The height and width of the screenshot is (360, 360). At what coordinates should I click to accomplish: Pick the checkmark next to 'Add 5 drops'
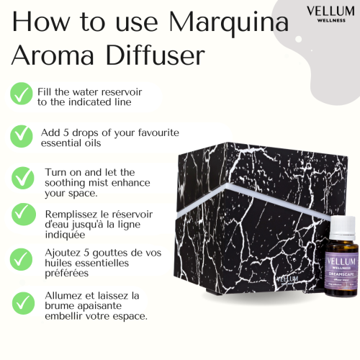(22, 135)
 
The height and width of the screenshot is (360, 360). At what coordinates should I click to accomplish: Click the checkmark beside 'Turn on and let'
(22, 176)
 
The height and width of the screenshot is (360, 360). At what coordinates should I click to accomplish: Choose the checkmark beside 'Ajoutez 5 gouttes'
(22, 256)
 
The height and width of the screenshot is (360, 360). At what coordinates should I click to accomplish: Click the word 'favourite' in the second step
(154, 133)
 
